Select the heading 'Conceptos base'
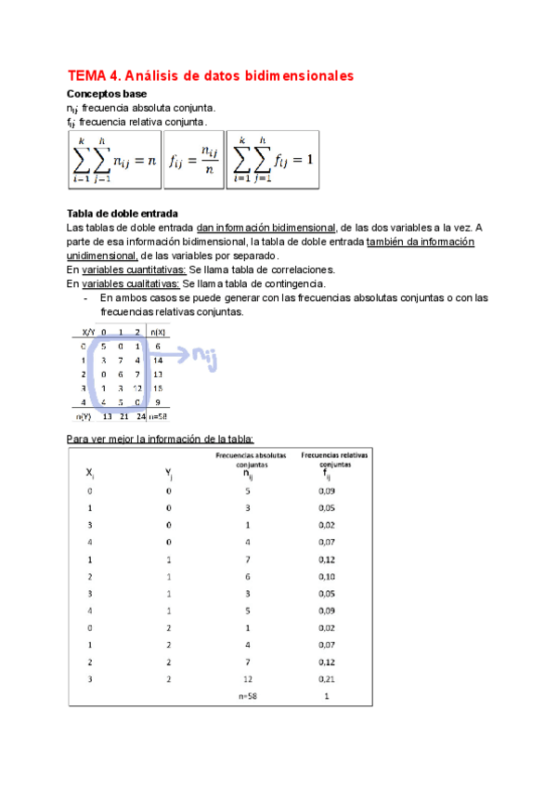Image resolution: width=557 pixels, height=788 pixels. pos(106,94)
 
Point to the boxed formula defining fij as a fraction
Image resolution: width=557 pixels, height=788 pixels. pos(193,161)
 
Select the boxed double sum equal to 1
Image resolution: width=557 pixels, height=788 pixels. pos(274,161)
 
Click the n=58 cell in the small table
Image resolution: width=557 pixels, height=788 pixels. pos(158,417)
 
